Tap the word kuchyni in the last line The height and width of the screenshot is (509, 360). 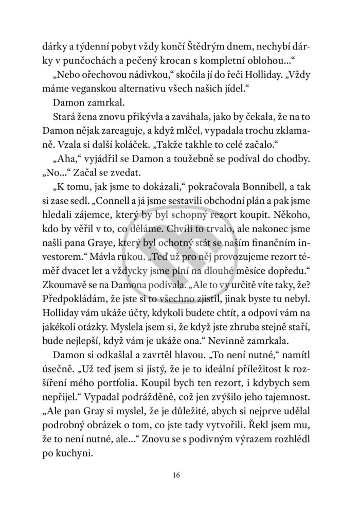coord(77,454)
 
